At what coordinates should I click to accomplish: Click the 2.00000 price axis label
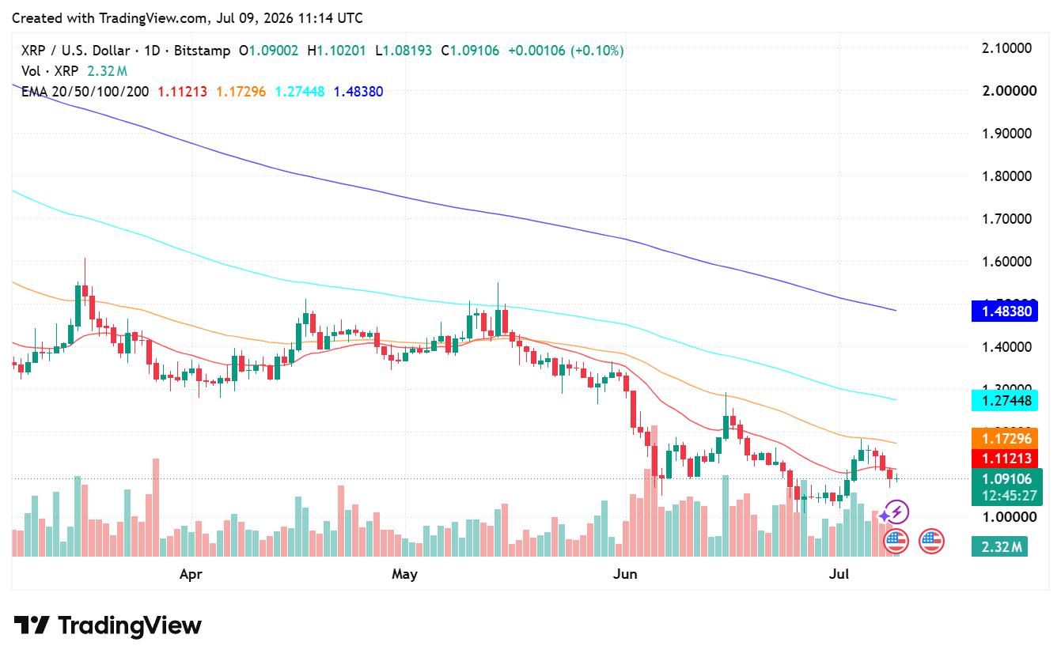(x=1010, y=91)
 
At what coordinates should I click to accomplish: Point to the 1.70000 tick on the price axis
(x=1007, y=219)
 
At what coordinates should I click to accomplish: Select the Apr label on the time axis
(x=191, y=574)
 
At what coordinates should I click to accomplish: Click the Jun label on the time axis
(x=625, y=574)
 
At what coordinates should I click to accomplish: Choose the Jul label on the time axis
(x=839, y=574)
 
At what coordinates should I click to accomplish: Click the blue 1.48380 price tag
(x=1005, y=311)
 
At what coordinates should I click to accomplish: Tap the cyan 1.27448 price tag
(x=1005, y=401)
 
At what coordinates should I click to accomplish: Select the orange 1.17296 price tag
(x=1005, y=439)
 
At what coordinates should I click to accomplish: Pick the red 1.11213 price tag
(x=1005, y=459)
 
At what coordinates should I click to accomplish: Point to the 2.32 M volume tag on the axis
(x=999, y=547)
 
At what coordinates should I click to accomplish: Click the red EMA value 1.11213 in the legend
(x=182, y=92)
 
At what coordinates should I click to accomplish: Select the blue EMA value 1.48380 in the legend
(x=358, y=92)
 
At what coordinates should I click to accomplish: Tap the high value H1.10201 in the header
(x=336, y=51)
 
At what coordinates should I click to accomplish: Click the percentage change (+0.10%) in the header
(x=597, y=51)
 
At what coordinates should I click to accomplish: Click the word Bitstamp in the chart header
(x=203, y=51)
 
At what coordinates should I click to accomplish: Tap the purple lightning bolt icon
(x=896, y=512)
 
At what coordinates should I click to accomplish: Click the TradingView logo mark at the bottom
(x=32, y=625)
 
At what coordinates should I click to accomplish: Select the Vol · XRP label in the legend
(x=50, y=71)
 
